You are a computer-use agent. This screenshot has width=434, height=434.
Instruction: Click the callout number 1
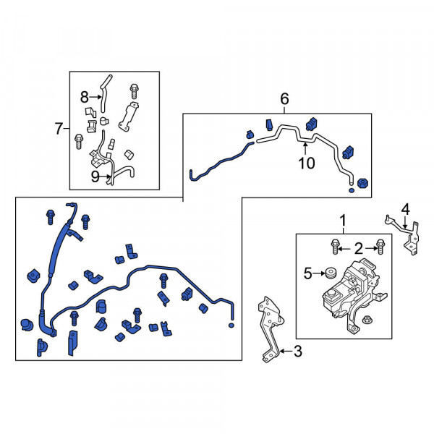pyautogui.click(x=343, y=221)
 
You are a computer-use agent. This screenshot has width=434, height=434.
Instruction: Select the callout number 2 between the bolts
pyautogui.click(x=359, y=249)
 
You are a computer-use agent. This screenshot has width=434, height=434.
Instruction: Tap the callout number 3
pyautogui.click(x=297, y=352)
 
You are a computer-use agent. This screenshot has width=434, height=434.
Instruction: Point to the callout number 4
pyautogui.click(x=406, y=209)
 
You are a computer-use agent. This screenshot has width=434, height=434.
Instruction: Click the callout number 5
pyautogui.click(x=308, y=273)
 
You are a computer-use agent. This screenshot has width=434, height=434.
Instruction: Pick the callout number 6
pyautogui.click(x=284, y=99)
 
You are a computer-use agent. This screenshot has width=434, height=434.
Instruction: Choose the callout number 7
pyautogui.click(x=59, y=129)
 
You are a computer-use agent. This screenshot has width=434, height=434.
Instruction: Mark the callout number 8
pyautogui.click(x=85, y=97)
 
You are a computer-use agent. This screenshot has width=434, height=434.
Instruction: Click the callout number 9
pyautogui.click(x=95, y=176)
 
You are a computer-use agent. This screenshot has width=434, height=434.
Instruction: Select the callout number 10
pyautogui.click(x=307, y=163)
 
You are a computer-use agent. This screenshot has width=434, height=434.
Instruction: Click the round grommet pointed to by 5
pyautogui.click(x=331, y=273)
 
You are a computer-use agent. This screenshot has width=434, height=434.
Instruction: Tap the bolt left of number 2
pyautogui.click(x=335, y=246)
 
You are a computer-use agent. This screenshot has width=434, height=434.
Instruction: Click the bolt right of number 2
pyautogui.click(x=380, y=246)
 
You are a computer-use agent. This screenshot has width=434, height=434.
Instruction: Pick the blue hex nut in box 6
pyautogui.click(x=362, y=183)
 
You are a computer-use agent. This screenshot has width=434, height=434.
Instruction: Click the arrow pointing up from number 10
pyautogui.click(x=305, y=148)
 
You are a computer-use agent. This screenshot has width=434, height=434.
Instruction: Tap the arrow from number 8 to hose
pyautogui.click(x=95, y=97)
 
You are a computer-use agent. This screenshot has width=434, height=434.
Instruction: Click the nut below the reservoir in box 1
pyautogui.click(x=367, y=319)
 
